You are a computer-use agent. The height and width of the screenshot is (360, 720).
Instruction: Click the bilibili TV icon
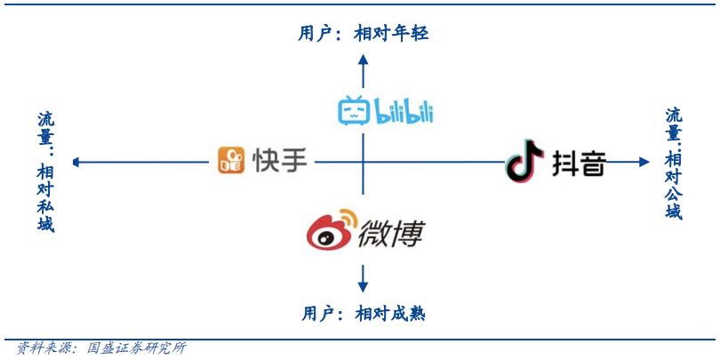coord(354,111)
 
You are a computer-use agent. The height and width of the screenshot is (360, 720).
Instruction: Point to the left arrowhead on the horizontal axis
coord(77,162)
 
